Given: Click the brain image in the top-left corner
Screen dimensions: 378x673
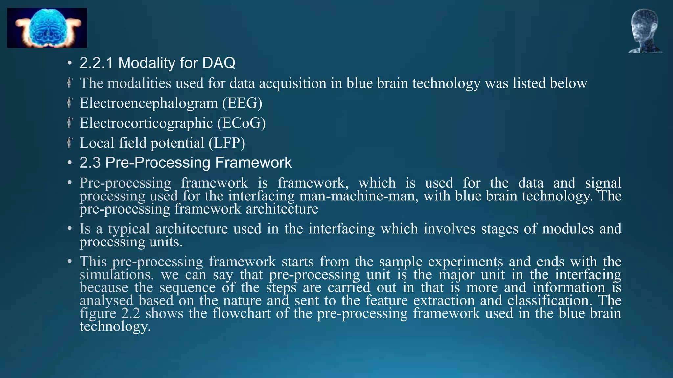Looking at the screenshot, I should click(x=47, y=28).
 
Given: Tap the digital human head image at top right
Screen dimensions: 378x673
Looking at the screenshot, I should click(x=645, y=31).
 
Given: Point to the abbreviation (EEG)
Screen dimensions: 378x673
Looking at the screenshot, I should click(x=242, y=103).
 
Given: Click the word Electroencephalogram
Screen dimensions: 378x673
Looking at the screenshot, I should click(x=149, y=103).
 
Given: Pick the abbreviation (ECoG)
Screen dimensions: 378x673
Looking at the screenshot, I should click(x=241, y=123).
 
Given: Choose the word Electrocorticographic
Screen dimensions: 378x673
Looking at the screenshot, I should click(x=146, y=123).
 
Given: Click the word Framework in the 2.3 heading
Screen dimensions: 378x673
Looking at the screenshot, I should click(x=253, y=163).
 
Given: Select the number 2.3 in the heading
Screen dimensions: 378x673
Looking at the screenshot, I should click(x=90, y=163).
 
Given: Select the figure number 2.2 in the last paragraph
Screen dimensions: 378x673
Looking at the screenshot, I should click(x=130, y=313).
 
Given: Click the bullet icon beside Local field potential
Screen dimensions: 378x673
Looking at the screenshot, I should click(x=69, y=143).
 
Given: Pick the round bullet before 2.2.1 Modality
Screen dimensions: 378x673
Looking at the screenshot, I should click(x=69, y=63).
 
